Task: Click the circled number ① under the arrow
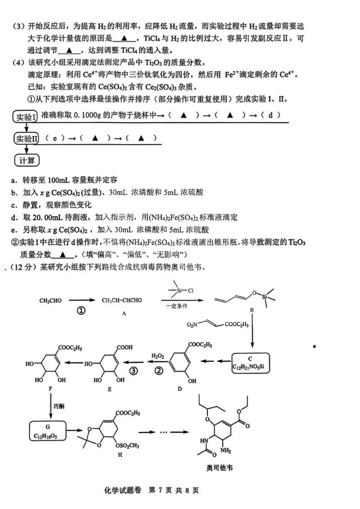point(81,311)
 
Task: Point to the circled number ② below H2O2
point(159,371)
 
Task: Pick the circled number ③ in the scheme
point(133,371)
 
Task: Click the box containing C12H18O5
point(49,431)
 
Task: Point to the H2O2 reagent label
point(157,355)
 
